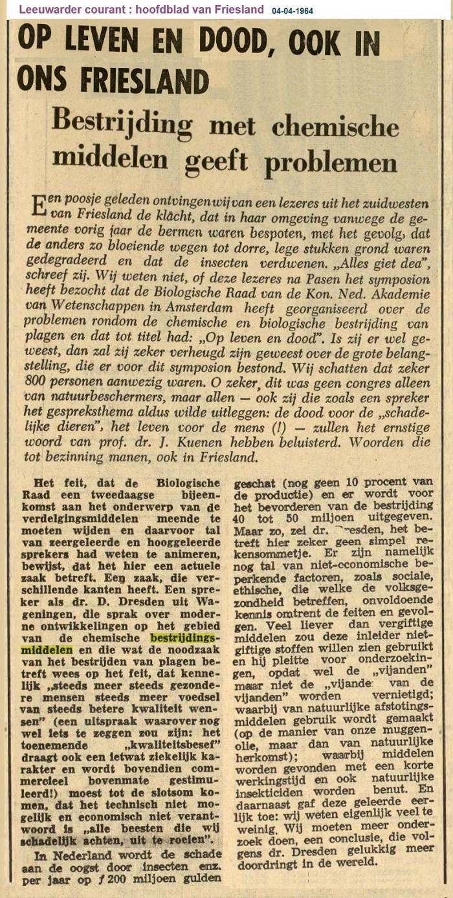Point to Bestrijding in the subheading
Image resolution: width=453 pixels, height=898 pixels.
[122, 123]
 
